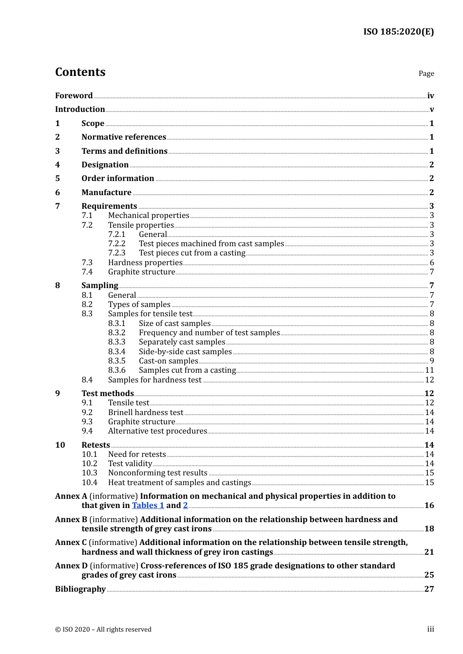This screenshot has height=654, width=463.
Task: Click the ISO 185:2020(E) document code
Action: point(398,32)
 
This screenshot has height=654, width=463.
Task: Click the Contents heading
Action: point(80,72)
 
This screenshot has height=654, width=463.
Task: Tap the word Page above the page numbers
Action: point(426,73)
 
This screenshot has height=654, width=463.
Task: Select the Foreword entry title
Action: point(74,96)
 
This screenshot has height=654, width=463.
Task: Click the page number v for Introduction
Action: point(431,109)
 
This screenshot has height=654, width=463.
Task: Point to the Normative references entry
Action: point(124,137)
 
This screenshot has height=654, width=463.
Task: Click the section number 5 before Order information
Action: point(58,179)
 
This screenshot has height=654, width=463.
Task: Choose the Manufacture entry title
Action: point(106,193)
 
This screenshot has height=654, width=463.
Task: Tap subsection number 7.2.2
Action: point(116,244)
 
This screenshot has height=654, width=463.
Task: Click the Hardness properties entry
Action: point(145,263)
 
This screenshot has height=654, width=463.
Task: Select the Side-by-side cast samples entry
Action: point(185,352)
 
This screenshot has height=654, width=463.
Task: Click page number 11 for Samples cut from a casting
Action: point(429,370)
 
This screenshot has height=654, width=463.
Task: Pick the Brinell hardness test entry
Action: point(146,413)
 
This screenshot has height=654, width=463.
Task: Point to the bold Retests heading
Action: point(96,445)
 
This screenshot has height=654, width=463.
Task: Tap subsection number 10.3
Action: point(89,473)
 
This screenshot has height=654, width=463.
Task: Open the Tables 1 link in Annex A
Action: point(148,506)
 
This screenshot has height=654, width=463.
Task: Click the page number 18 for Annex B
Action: point(429,529)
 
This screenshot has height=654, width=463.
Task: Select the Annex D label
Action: point(71,566)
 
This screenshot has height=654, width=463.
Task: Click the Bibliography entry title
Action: point(80,589)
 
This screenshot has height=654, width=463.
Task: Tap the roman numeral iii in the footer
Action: point(430,629)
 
